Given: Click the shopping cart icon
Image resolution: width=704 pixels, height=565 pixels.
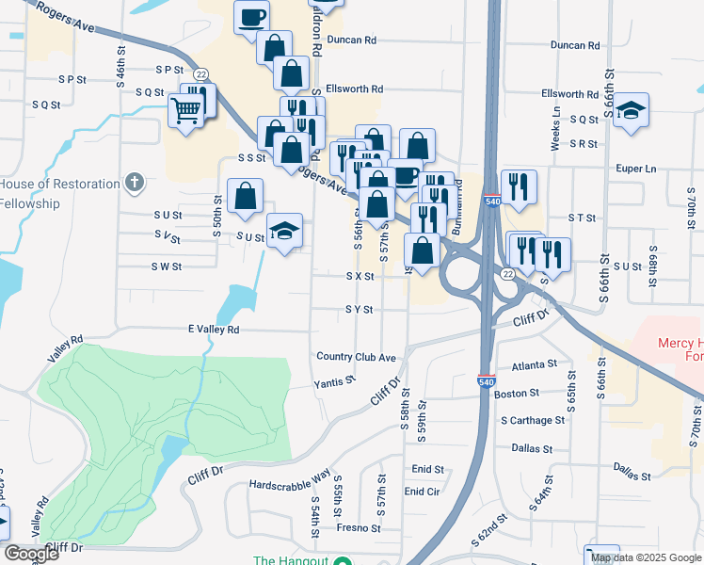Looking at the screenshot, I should click(185, 112).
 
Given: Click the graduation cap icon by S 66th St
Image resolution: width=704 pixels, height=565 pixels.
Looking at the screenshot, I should click(632, 108).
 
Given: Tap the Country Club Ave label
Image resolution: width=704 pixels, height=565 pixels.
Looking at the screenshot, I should click(356, 357).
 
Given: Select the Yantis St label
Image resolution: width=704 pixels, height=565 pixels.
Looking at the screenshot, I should click(334, 382).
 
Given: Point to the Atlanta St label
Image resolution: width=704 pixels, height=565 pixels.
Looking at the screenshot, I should click(535, 364).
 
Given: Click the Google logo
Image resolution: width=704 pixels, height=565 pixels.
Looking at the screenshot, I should click(31, 554).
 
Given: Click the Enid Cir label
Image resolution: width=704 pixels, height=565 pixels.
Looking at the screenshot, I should click(422, 492).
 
